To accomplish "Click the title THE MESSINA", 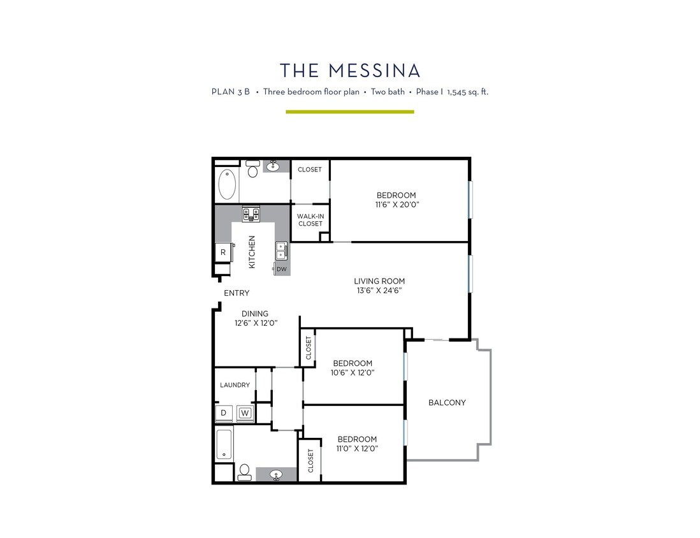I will coord(350,69).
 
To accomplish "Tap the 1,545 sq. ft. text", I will coord(467,92).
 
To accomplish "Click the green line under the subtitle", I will coord(349,112).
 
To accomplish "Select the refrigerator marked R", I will coord(223,252).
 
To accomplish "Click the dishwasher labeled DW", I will coord(282,270).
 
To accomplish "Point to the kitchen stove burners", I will coord(251,214).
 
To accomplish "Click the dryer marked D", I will coord(223,413).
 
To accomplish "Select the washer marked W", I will coord(245,413).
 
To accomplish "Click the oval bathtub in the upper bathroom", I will coord(227,184).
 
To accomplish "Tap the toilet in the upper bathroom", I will coord(252,170).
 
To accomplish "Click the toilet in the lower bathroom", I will coord(244,472).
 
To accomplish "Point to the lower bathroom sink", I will coord(277,475).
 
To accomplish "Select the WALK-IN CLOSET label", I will coord(310,220).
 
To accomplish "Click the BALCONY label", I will coord(447,403).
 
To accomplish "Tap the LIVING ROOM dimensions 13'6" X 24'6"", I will coord(379,290).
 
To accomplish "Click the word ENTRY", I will coord(237,293).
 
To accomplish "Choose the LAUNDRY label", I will coord(235,385).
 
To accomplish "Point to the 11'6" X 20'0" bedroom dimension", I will coord(397,205).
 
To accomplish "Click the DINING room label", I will coord(254,314).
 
